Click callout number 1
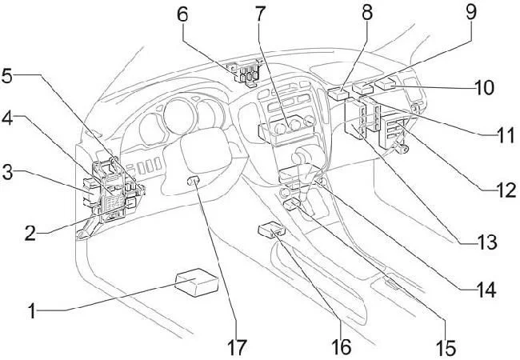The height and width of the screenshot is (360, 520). (31, 310)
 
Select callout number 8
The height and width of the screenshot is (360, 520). (366, 14)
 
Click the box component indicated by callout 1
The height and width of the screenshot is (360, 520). (196, 283)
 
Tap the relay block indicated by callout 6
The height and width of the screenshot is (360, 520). (246, 72)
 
